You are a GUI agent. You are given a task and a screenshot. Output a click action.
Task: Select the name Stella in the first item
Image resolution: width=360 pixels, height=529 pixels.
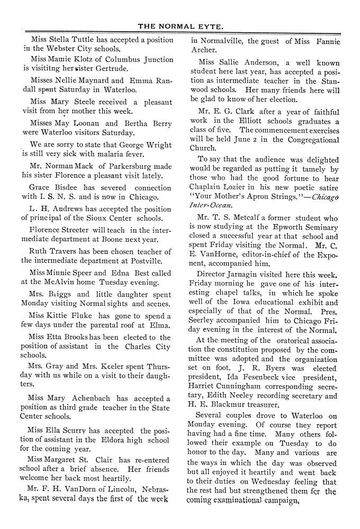click(59, 40)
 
